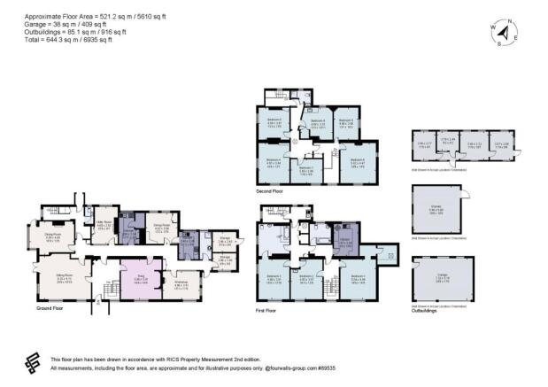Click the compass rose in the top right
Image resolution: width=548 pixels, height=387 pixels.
click(x=503, y=34)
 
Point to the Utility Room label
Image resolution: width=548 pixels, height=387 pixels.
click(x=103, y=225)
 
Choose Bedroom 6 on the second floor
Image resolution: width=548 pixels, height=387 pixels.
click(x=357, y=161)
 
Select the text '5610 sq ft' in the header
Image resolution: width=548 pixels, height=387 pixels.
click(x=151, y=16)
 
